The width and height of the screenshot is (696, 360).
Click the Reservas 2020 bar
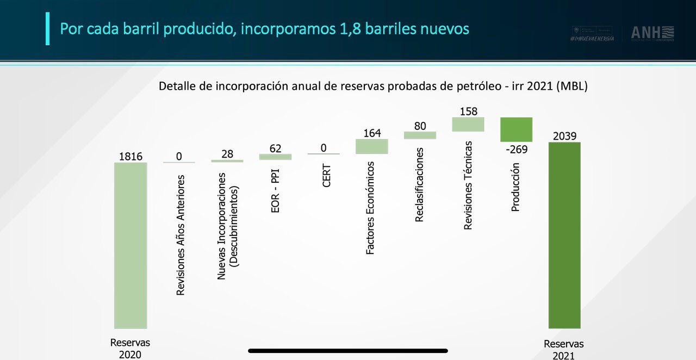(130, 245)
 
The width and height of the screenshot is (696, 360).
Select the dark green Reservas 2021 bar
(564, 235)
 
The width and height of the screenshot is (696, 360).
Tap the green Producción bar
(516, 129)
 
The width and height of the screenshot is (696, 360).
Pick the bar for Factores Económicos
(371, 146)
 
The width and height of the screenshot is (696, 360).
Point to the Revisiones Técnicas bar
(468, 125)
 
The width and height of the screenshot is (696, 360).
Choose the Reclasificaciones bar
(420, 135)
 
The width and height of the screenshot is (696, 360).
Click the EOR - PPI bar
(275, 157)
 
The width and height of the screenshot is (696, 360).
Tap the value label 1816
(130, 157)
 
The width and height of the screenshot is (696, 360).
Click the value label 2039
(564, 136)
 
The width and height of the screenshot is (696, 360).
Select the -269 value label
(516, 149)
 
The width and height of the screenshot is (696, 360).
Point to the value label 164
(372, 133)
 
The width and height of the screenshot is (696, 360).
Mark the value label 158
(468, 111)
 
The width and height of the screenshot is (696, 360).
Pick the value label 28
(227, 154)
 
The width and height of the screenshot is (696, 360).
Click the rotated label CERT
(327, 176)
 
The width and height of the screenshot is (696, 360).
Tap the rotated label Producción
(515, 187)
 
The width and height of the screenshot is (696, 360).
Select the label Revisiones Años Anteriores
(181, 235)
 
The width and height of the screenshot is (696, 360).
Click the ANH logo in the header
(652, 33)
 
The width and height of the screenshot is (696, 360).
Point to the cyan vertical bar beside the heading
(47, 28)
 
